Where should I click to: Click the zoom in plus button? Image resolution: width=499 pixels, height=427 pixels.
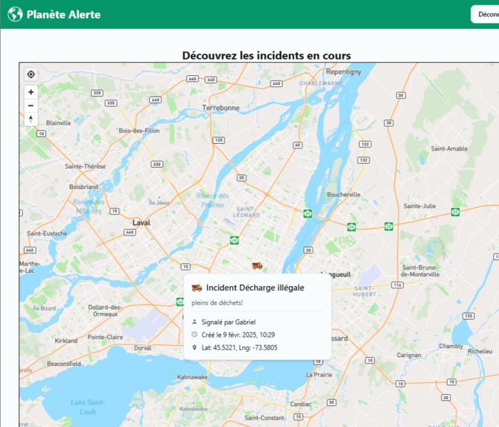click(31, 92)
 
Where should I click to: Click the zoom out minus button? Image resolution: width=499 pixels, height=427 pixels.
click(31, 106)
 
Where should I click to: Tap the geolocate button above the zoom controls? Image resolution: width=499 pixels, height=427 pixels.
click(31, 75)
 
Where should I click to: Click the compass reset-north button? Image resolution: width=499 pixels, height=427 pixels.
click(31, 119)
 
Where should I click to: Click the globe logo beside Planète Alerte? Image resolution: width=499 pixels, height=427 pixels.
click(15, 14)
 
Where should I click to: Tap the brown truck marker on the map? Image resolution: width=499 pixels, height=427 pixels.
click(257, 265)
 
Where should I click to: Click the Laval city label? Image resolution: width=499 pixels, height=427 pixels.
click(142, 223)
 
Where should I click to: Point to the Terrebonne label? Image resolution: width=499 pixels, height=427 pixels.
click(220, 108)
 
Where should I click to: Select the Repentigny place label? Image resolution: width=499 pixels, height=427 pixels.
click(343, 72)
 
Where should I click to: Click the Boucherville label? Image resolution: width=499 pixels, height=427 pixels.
click(343, 194)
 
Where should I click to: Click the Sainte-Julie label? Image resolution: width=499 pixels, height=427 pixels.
click(419, 206)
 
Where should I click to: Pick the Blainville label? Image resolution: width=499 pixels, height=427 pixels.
click(58, 123)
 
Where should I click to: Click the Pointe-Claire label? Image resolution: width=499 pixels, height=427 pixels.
click(105, 337)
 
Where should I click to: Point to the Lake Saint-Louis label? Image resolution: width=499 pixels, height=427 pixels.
click(88, 407)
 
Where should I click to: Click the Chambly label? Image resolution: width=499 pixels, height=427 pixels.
click(451, 346)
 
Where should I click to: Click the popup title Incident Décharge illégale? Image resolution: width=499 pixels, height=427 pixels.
click(255, 288)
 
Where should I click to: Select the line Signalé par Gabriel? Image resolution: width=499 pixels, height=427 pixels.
click(228, 322)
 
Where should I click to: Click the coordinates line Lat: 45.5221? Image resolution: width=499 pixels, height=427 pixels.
click(239, 347)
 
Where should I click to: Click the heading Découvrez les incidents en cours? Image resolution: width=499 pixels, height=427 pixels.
click(266, 56)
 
